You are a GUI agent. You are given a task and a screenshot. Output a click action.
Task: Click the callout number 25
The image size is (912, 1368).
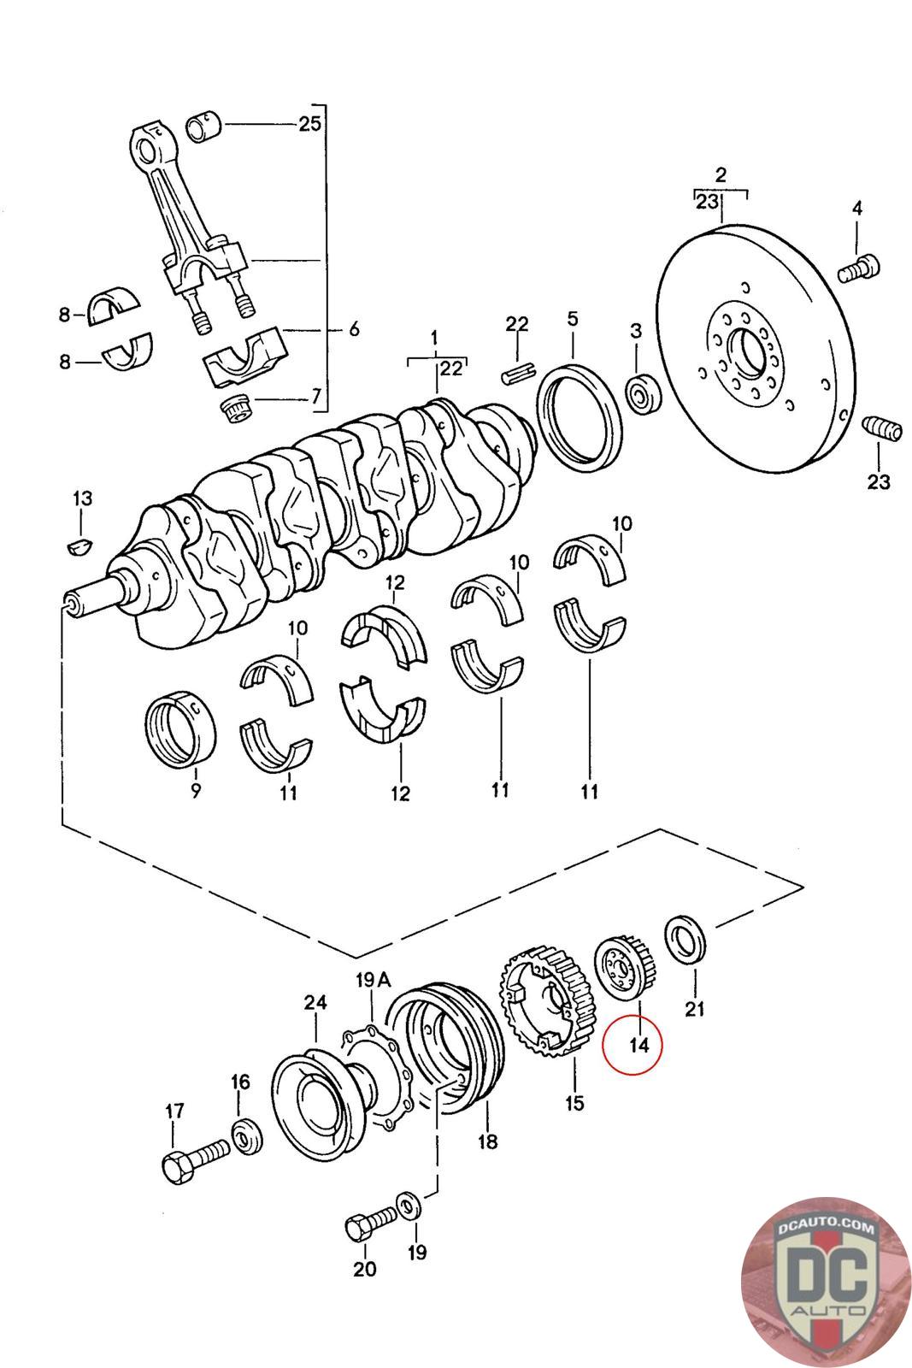(309, 124)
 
